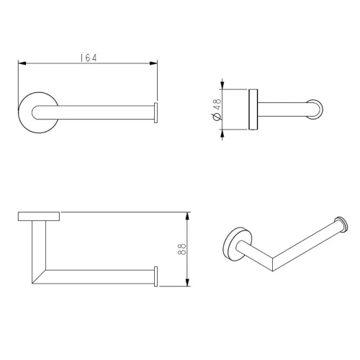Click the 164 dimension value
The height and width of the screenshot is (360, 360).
(89, 58)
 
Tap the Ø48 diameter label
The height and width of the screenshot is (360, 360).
(217, 109)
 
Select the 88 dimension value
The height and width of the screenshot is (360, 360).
(182, 249)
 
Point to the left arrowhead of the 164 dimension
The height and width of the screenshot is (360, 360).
(22, 63)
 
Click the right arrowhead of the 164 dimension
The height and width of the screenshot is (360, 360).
(153, 63)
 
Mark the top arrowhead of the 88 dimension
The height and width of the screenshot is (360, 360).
(188, 216)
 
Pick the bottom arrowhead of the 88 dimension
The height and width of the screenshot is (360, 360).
(188, 282)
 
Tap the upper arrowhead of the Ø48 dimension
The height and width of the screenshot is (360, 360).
(222, 85)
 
